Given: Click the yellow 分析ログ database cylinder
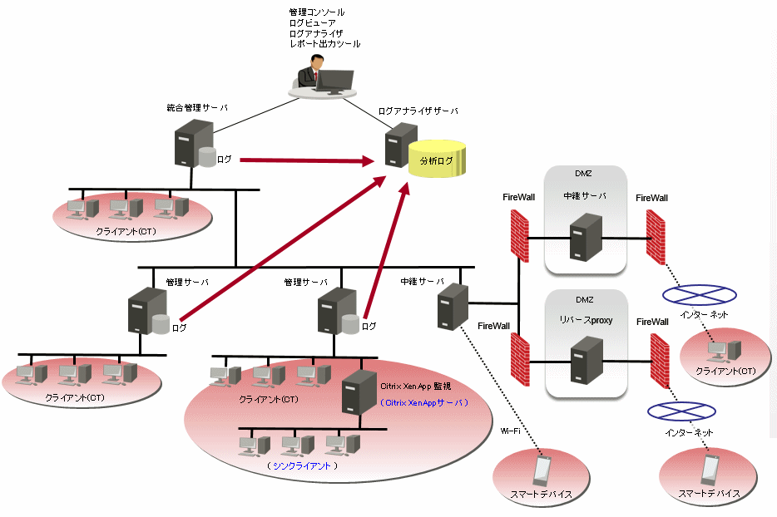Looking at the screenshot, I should [x=438, y=160].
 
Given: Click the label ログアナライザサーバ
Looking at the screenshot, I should [x=418, y=111].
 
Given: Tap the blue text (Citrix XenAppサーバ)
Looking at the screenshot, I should [x=423, y=402].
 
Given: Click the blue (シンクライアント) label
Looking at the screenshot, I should [x=302, y=466].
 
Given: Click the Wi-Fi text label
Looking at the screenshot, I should [x=511, y=431].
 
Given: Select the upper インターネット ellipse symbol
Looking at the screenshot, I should [x=699, y=293].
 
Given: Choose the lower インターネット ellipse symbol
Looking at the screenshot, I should [x=681, y=411].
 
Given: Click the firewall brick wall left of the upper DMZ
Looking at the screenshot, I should [x=519, y=234].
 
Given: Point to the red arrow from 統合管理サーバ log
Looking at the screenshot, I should [x=304, y=158].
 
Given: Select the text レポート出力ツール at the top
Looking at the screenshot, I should [x=324, y=43].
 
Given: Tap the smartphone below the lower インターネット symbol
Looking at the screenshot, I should [x=708, y=470].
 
